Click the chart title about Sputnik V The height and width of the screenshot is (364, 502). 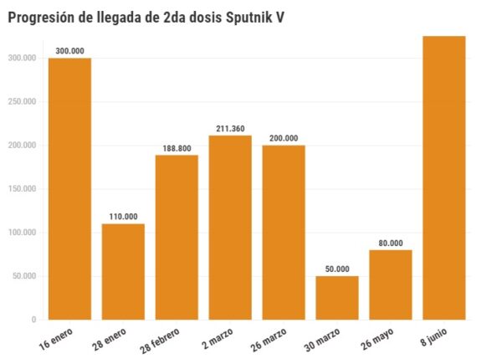[x=146, y=17]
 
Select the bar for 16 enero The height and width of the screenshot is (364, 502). [x=69, y=188]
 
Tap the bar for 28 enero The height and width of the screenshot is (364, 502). [x=123, y=271]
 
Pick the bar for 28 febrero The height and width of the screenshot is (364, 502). [x=177, y=237]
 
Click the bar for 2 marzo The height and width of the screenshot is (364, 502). [x=230, y=227]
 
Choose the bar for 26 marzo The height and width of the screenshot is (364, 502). [x=284, y=232]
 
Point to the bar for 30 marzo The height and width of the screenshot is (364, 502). [x=337, y=297]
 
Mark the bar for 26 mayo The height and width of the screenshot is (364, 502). [x=391, y=285]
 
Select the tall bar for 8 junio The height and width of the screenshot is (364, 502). [x=444, y=177]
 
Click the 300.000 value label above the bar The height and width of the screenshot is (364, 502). [x=69, y=51]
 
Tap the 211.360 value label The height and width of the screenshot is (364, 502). [x=230, y=128]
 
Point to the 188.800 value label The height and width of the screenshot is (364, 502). [x=177, y=148]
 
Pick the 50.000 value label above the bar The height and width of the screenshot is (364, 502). [x=337, y=269]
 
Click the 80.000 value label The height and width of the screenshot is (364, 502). [x=391, y=244]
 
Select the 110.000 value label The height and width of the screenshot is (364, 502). [x=123, y=217]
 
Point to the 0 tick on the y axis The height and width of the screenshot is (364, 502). [x=33, y=320]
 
